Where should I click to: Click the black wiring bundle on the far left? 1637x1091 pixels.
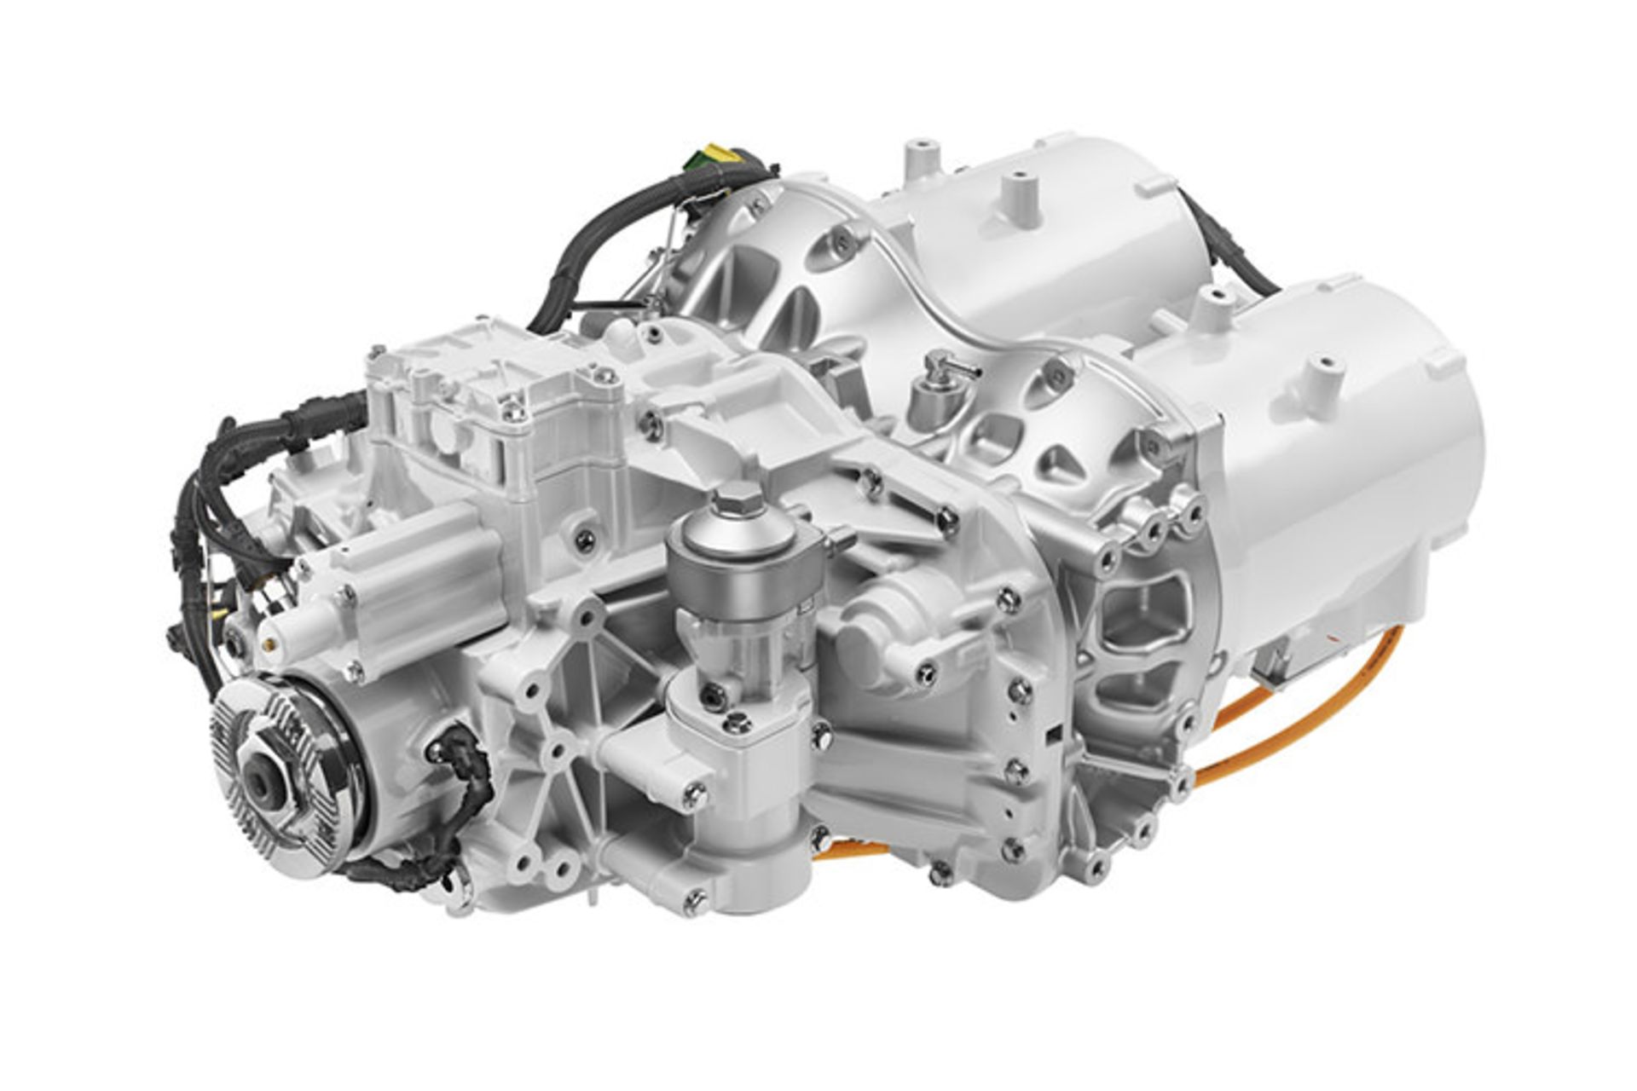point(192,528)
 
